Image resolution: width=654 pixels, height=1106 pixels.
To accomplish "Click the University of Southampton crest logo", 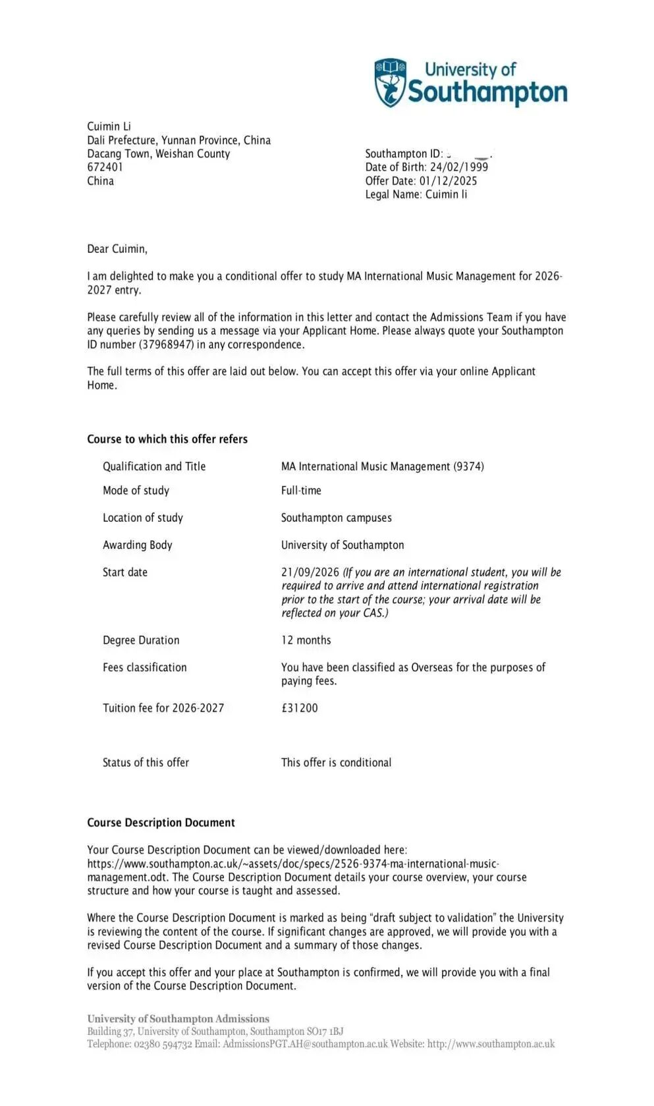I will point(391,82).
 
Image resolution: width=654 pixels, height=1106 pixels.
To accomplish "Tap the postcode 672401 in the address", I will point(105,167).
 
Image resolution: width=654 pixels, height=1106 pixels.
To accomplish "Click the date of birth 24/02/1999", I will point(459,167).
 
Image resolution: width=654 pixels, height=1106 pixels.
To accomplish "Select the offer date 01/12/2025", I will point(448,181).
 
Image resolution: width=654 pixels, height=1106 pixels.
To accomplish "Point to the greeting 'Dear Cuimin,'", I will point(117,249).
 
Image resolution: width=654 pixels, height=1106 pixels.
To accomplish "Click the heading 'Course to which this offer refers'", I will point(167,439).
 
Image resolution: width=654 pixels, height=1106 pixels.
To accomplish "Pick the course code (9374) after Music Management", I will point(468,466).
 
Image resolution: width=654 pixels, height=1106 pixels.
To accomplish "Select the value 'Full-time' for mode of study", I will point(301,491).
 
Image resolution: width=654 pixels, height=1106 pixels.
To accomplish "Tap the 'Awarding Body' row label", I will point(137,545).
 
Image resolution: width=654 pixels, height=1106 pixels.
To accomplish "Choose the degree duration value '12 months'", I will point(306,640).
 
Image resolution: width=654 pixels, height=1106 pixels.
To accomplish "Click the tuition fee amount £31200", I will point(299,708).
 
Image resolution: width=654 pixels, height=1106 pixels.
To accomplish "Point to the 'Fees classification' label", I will point(144,667).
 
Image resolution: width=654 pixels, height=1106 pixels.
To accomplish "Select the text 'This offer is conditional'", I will point(336,763).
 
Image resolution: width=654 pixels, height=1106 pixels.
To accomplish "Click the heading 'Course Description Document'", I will point(161,823).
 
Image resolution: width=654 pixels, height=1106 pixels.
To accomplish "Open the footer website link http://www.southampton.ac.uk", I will point(491,1044).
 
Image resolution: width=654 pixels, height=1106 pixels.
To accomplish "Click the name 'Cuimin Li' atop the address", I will point(109,126).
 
